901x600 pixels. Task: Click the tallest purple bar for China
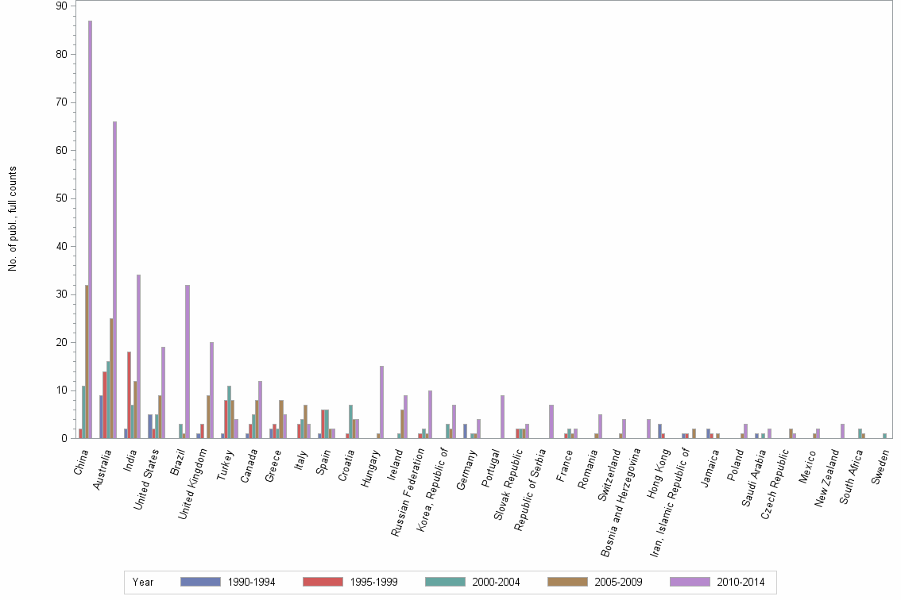[x=90, y=230]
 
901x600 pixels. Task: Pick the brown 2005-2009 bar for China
[x=87, y=361]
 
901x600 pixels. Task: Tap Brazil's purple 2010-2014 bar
[x=188, y=361]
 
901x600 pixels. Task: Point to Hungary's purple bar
[x=381, y=402]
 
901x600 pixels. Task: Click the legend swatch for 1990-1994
[x=200, y=582]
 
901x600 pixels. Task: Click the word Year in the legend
[x=143, y=582]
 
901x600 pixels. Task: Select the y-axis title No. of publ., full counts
[x=13, y=218]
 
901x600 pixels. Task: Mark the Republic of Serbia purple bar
[x=551, y=421]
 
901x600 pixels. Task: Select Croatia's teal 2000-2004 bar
[x=350, y=421]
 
